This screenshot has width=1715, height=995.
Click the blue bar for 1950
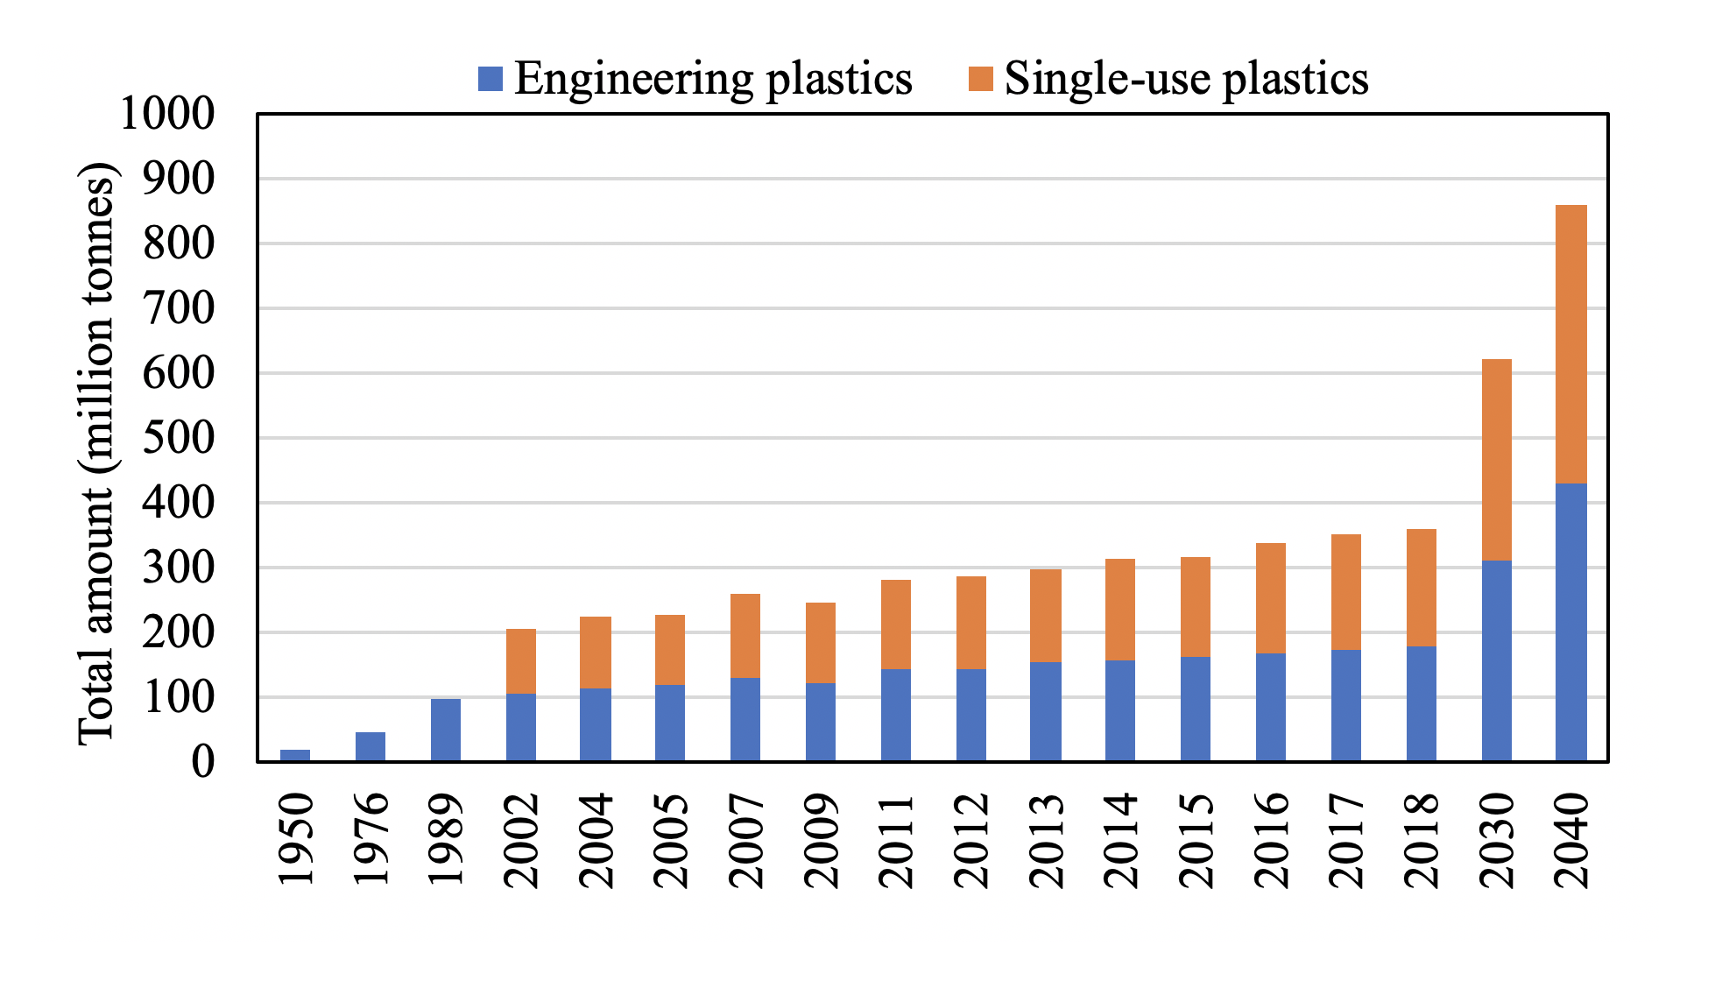point(295,755)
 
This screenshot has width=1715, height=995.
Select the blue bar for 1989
point(446,730)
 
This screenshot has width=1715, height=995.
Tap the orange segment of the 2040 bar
point(1571,344)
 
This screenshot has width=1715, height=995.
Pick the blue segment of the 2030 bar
point(1496,660)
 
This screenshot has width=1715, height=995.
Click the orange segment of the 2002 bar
point(521,661)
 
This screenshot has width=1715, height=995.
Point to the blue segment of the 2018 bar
point(1421,703)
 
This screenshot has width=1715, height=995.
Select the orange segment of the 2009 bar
point(821,643)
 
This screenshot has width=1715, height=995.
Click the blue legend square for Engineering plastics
point(491,80)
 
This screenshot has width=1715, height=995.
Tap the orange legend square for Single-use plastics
point(981,80)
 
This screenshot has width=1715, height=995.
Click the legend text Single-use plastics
point(1186,78)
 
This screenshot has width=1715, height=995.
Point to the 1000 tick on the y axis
point(167,114)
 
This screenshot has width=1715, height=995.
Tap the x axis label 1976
point(371,842)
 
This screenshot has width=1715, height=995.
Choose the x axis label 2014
point(1121,842)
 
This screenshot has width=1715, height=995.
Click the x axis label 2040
point(1572,842)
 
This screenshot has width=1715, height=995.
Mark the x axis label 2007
point(746,842)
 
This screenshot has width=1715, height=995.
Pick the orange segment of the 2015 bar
point(1196,607)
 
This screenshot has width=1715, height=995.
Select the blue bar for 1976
point(371,746)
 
